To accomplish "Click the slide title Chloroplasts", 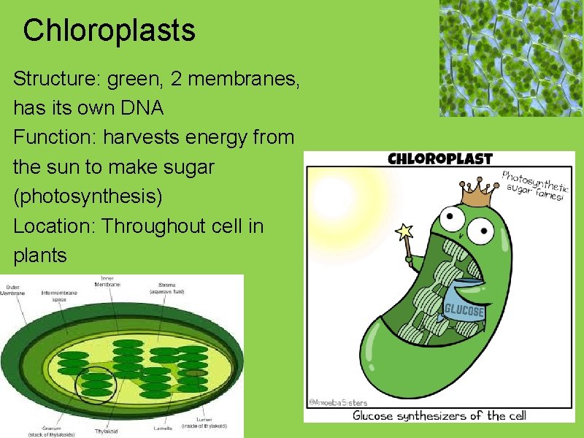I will click(x=109, y=31).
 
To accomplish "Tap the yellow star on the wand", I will click(x=403, y=232).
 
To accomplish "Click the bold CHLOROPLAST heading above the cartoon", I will click(x=440, y=158).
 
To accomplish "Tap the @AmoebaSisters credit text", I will click(x=337, y=402).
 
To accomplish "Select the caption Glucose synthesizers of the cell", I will click(x=439, y=415).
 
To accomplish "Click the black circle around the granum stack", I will click(x=96, y=384).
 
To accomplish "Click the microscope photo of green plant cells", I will click(x=511, y=58).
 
